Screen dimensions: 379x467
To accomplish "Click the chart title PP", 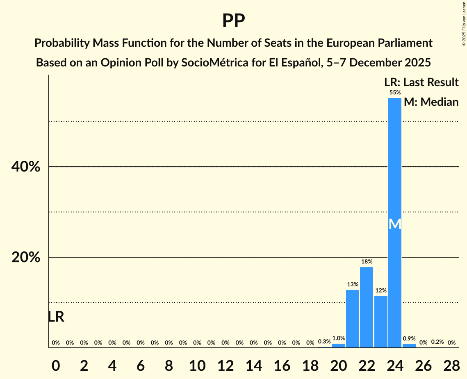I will click(233, 21).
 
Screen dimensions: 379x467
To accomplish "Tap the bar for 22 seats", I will click(367, 307).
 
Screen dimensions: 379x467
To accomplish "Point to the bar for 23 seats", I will click(381, 322).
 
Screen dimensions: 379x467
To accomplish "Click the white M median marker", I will click(395, 224).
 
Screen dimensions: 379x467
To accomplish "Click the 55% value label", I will click(395, 92).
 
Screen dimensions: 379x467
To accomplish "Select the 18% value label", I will click(367, 261).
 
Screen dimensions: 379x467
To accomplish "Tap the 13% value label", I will click(353, 284).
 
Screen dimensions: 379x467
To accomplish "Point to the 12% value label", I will click(381, 290).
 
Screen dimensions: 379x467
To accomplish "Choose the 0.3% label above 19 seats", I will click(324, 341).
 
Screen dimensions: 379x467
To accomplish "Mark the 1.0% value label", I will click(338, 338).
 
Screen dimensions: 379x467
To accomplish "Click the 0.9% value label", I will click(409, 339).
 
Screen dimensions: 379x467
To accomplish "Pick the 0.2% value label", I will click(437, 342).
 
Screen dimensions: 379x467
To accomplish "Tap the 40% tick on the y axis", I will click(25, 167).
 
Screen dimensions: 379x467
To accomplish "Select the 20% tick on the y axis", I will click(25, 258).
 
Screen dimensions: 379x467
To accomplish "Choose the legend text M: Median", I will click(431, 102).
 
